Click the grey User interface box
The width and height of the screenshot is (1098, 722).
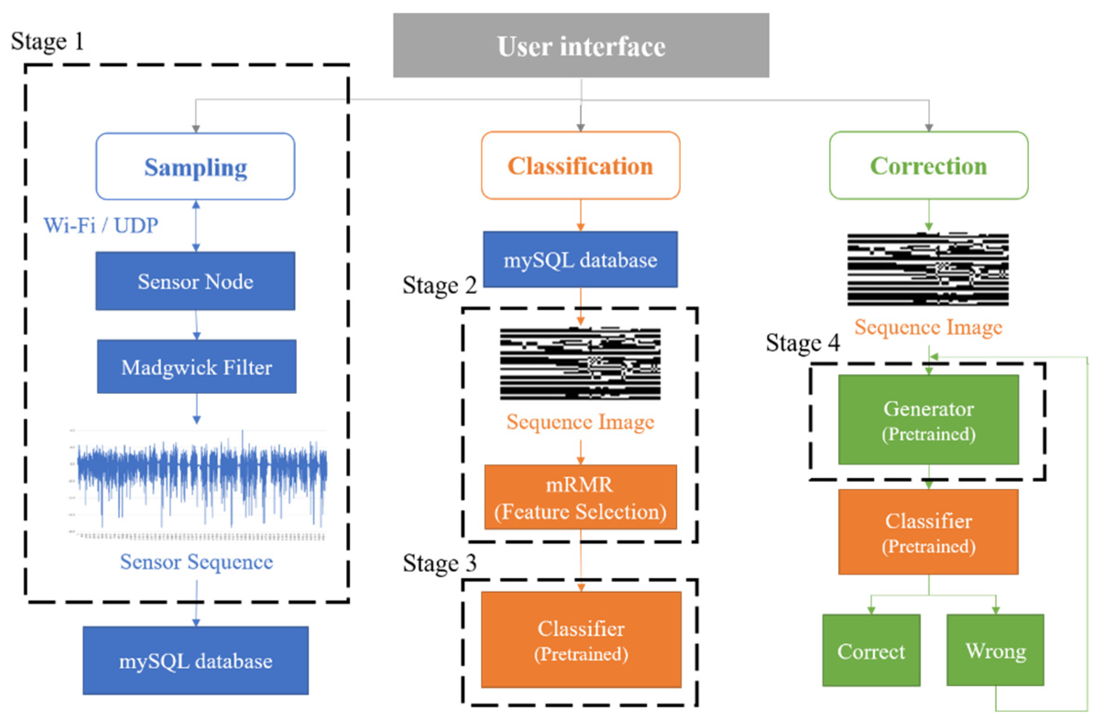tap(581, 45)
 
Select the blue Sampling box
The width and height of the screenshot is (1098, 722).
tap(195, 167)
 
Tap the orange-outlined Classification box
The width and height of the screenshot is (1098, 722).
tap(580, 166)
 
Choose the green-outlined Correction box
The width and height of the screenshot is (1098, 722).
tap(928, 166)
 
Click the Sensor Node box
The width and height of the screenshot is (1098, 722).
tap(195, 281)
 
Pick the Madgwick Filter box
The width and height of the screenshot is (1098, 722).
tap(197, 367)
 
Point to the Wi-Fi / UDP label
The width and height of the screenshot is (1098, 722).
tap(101, 225)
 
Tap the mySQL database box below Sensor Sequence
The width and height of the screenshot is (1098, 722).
tap(196, 661)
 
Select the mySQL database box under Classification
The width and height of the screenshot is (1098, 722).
tap(580, 259)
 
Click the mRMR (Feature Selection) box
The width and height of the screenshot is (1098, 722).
tap(580, 497)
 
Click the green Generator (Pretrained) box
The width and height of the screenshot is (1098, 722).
tap(928, 419)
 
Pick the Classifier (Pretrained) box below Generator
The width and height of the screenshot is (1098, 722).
tap(928, 532)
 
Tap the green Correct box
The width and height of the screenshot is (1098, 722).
tap(871, 650)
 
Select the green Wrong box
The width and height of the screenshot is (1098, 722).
tap(995, 650)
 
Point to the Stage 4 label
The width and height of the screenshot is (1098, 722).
tap(803, 342)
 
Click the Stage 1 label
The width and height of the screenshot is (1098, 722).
tap(47, 42)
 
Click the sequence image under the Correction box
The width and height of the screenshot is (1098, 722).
tap(928, 270)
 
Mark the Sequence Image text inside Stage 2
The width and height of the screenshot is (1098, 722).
tap(580, 421)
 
